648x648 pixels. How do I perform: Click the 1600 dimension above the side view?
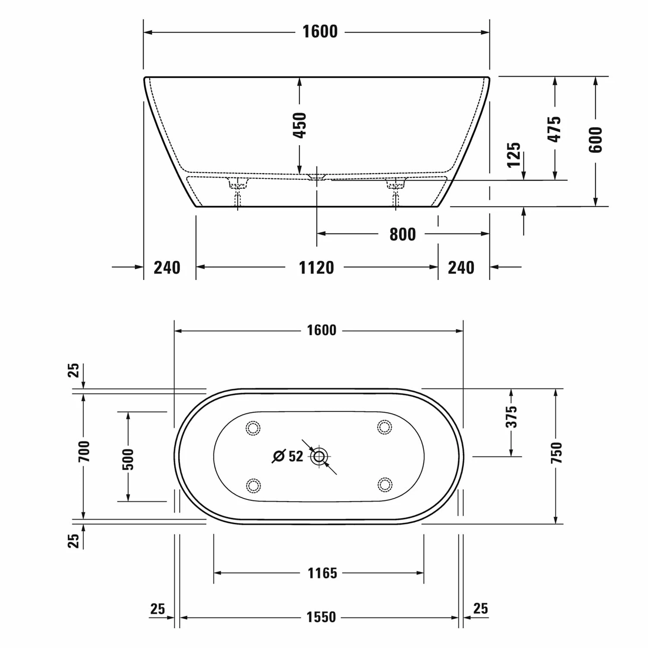pyautogui.click(x=320, y=32)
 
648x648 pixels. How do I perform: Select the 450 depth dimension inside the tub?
pyautogui.click(x=299, y=125)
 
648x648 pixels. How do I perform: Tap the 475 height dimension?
pyautogui.click(x=554, y=129)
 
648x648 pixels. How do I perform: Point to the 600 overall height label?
pyautogui.click(x=595, y=140)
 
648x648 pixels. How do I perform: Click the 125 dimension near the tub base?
pyautogui.click(x=514, y=155)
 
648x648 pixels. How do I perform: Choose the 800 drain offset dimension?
pyautogui.click(x=402, y=234)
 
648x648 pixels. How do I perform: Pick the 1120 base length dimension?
pyautogui.click(x=316, y=268)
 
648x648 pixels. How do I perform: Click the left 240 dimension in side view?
pyautogui.click(x=167, y=268)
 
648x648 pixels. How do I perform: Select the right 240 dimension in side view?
pyautogui.click(x=461, y=268)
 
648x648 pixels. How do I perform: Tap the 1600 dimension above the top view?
pyautogui.click(x=321, y=330)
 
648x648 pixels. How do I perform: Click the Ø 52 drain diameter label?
pyautogui.click(x=288, y=456)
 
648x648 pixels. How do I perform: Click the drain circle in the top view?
pyautogui.click(x=319, y=456)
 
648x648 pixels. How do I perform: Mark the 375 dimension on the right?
pyautogui.click(x=511, y=416)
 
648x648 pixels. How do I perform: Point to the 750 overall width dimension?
pyautogui.click(x=556, y=453)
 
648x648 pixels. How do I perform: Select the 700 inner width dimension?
pyautogui.click(x=84, y=451)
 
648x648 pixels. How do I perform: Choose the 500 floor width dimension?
pyautogui.click(x=128, y=459)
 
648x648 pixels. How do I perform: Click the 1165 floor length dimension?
pyautogui.click(x=322, y=573)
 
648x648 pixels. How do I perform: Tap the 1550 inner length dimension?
pyautogui.click(x=321, y=617)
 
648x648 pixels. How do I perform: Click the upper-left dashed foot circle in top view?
pyautogui.click(x=253, y=428)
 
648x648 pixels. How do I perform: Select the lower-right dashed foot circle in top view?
pyautogui.click(x=384, y=485)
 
